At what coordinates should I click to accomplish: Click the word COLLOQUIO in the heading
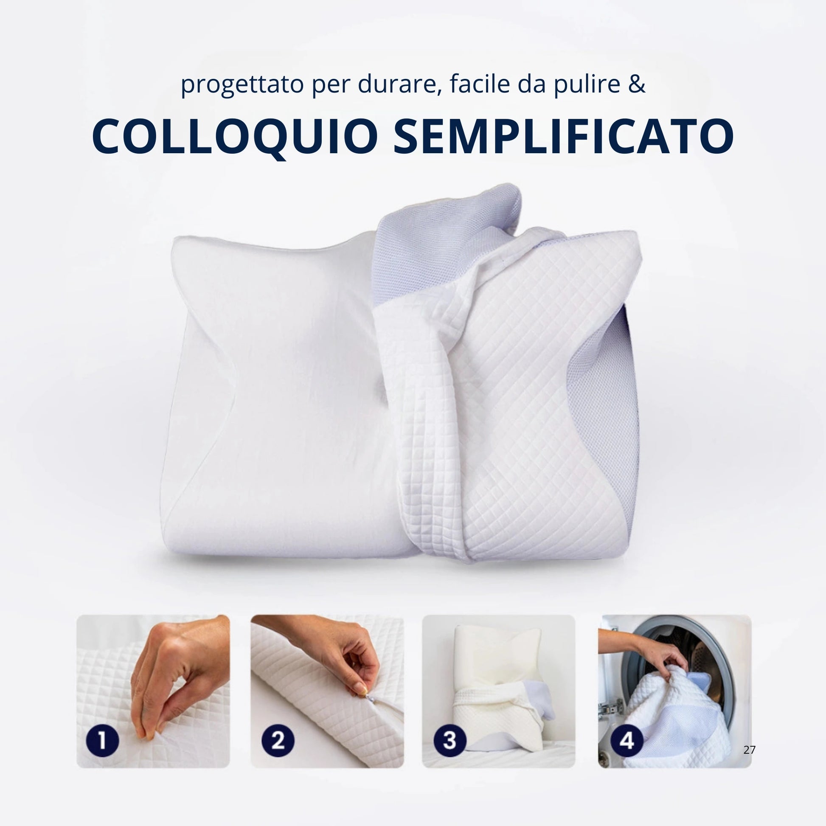(x=235, y=137)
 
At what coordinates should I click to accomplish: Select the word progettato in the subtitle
(x=242, y=85)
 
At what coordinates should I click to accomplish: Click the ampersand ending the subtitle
(x=637, y=83)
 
